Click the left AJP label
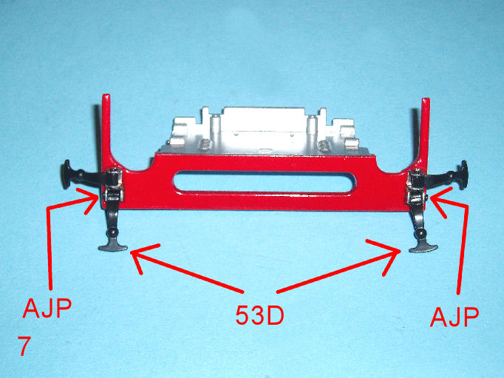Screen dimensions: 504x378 [47, 308]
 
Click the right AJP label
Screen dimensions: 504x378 [454, 317]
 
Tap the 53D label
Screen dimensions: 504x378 [259, 314]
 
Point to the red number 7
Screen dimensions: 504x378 [24, 346]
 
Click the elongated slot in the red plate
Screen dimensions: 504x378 [265, 183]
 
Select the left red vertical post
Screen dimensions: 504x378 [106, 129]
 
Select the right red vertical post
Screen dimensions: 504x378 [425, 132]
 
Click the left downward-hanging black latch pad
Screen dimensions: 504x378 [113, 247]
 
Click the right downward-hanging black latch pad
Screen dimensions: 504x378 [423, 248]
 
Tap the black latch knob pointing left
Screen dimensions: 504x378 [67, 175]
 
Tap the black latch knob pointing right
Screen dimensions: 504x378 [463, 175]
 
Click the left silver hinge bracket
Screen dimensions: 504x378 [114, 185]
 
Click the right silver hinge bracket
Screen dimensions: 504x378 [417, 186]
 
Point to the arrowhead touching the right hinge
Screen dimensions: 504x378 [437, 202]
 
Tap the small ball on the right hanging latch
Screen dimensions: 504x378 [420, 232]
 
